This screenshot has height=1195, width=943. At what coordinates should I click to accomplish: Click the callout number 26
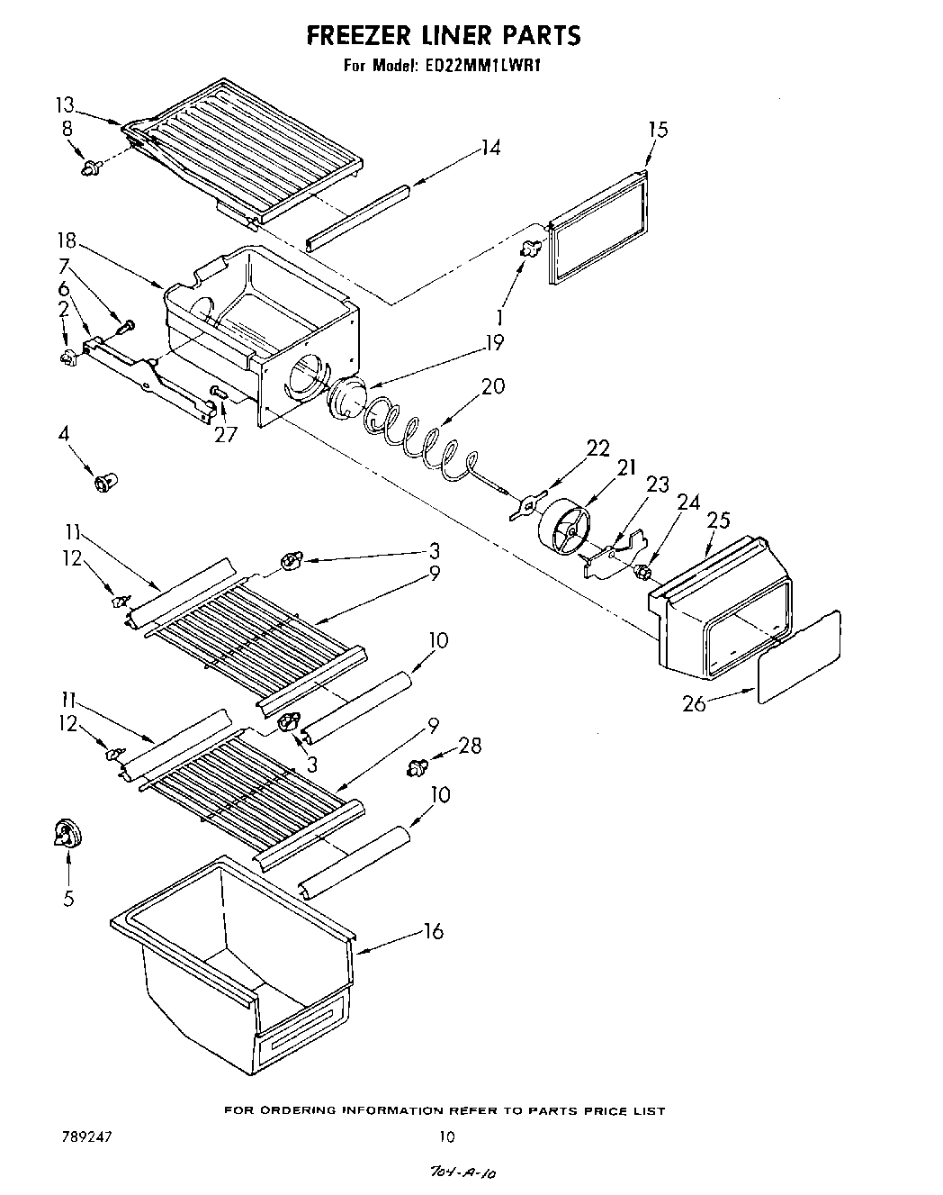(693, 703)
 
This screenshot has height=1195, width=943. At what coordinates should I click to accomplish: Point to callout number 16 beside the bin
(434, 931)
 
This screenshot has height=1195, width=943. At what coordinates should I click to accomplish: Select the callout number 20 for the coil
(492, 386)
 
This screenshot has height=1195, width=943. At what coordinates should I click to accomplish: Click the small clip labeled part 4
(105, 483)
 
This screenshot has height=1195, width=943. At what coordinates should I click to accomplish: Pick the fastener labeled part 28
(417, 767)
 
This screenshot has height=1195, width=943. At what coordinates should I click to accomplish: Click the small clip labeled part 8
(90, 167)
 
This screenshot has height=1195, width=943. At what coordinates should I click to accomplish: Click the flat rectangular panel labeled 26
(800, 656)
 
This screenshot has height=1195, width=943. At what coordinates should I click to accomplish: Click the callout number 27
(225, 435)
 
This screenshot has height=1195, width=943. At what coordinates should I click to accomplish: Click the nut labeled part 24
(643, 571)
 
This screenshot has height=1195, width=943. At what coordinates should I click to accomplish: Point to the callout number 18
(67, 242)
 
